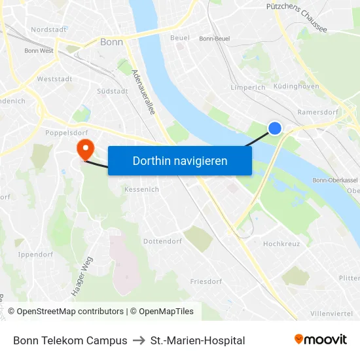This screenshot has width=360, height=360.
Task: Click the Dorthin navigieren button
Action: tap(180, 160)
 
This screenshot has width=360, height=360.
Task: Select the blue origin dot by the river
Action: tap(275, 128)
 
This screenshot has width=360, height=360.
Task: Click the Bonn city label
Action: tap(111, 42)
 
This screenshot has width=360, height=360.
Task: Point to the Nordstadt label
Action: tap(48, 29)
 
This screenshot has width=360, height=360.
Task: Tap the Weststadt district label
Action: tap(55, 79)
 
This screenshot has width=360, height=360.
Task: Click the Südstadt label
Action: tap(112, 91)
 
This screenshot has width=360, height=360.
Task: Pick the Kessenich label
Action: tap(141, 189)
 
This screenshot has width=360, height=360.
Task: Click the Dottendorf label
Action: tap(162, 242)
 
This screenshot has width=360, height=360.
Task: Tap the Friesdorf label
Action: tap(206, 281)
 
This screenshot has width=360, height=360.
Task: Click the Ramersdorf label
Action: tap(317, 112)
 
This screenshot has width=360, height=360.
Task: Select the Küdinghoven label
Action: tap(297, 86)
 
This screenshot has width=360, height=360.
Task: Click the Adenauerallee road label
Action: tap(144, 92)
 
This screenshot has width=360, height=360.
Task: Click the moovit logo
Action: tap(320, 340)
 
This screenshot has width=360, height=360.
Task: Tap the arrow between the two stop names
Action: tap(139, 340)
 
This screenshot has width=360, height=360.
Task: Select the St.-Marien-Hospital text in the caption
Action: tap(198, 340)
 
